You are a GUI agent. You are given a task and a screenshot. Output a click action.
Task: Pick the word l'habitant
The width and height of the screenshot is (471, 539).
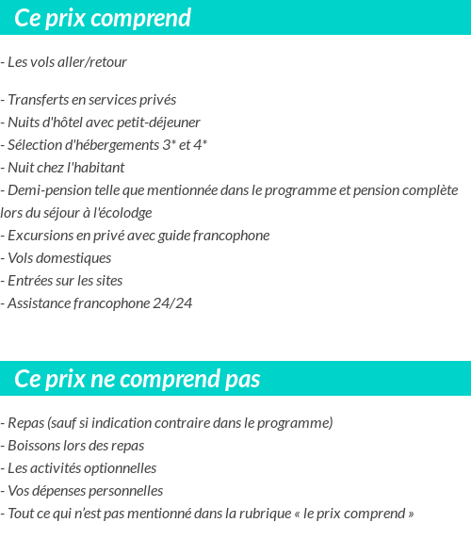click(x=95, y=168)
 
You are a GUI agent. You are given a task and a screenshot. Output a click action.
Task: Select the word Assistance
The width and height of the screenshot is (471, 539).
click(x=40, y=303)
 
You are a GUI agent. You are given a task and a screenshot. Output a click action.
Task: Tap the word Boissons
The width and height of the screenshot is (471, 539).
click(x=35, y=446)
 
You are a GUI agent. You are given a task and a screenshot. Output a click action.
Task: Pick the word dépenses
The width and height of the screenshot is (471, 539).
click(x=67, y=491)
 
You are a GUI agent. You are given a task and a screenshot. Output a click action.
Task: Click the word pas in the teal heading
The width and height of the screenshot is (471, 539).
click(x=242, y=380)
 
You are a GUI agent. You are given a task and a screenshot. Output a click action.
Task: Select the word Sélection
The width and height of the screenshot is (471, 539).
click(x=35, y=145)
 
